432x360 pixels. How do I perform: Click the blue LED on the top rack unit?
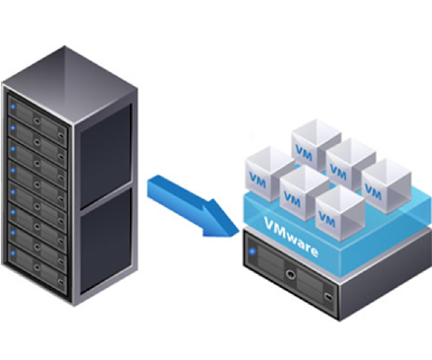coord(13,107)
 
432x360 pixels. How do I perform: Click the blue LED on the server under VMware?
coord(253,251)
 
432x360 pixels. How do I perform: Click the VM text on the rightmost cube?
coord(373,193)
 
